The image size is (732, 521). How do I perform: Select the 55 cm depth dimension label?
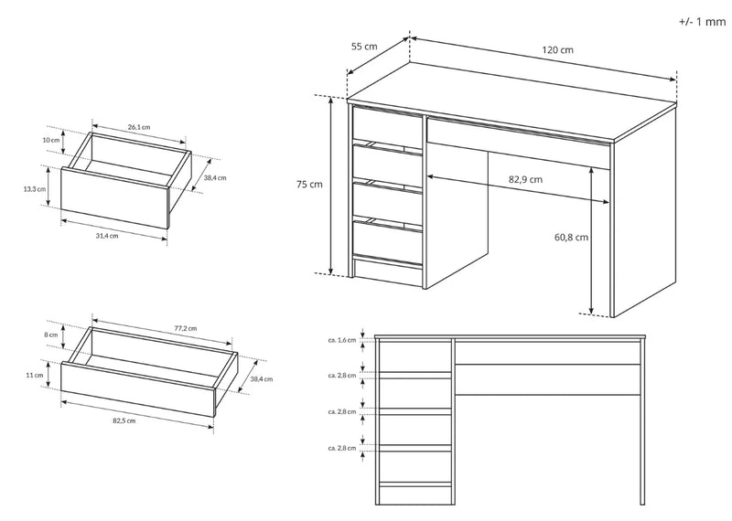point(364,47)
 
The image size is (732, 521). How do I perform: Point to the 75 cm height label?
point(309,184)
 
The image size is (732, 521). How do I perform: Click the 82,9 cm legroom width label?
point(525,179)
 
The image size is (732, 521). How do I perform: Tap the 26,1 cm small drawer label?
point(139,126)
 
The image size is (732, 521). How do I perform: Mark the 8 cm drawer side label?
point(50,335)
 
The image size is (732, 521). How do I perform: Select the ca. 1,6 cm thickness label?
point(340,340)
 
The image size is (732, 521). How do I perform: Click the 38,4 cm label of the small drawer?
point(214,178)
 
